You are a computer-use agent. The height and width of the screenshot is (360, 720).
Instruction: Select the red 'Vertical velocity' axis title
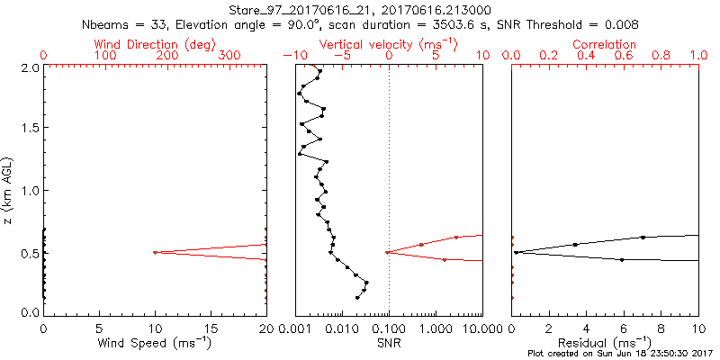(388, 43)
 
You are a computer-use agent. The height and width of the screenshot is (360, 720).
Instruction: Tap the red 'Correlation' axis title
(605, 43)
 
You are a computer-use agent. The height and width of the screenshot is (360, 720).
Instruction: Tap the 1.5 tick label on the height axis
(29, 129)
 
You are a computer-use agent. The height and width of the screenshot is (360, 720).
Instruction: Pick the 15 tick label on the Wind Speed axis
(211, 328)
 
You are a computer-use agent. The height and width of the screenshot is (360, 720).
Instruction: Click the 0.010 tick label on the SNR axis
(342, 328)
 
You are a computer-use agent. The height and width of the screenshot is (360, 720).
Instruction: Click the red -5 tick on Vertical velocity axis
(341, 56)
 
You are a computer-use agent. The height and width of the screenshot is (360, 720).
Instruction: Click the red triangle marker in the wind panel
(155, 253)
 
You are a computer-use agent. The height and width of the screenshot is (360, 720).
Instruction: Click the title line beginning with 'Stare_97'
(360, 9)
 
